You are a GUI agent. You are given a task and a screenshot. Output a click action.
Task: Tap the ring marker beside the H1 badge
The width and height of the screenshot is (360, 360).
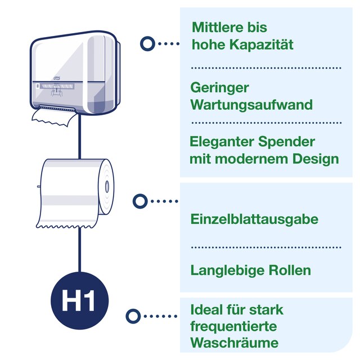(x=133, y=316)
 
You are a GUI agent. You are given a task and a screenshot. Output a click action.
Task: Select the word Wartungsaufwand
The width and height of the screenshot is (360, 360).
(x=251, y=105)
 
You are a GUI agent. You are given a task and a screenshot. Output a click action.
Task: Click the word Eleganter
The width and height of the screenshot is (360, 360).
(x=222, y=142)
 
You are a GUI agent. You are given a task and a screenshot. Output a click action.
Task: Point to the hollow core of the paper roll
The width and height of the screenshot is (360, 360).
(x=106, y=187)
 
